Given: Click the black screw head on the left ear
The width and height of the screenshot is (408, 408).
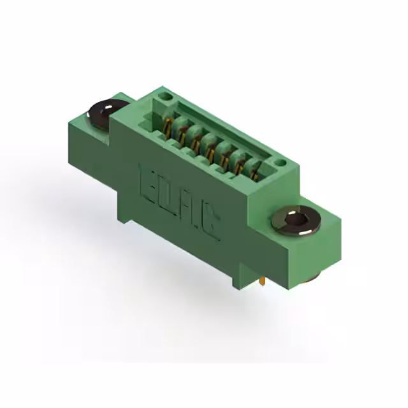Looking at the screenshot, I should [107, 113].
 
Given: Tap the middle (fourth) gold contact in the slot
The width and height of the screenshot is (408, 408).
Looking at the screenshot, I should [211, 147].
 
